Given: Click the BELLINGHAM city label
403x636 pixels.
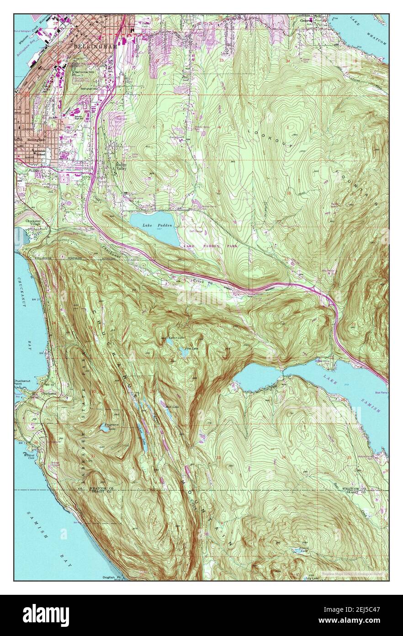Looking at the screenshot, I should (95, 47).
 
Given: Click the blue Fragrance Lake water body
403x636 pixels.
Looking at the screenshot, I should (104, 429).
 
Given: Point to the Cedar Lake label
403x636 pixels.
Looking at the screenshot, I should (176, 338).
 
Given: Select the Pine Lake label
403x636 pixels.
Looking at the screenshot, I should (191, 349).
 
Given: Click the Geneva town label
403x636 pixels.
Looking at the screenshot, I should (306, 20).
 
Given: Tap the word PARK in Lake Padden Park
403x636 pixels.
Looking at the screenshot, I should (230, 246).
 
